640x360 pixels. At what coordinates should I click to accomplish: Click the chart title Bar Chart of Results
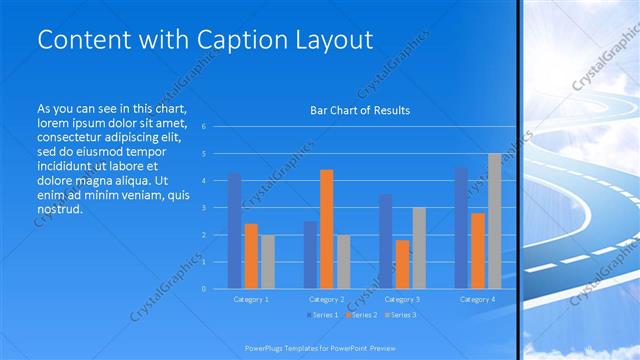tap(360, 110)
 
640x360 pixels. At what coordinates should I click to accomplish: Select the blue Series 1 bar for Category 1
tap(234, 231)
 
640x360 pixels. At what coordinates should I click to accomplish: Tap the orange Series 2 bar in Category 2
tap(326, 229)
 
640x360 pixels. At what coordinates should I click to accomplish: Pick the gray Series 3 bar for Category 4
tap(494, 221)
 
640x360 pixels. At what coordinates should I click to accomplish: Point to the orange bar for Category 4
tap(478, 250)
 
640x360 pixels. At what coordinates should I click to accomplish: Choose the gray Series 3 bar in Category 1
tap(267, 261)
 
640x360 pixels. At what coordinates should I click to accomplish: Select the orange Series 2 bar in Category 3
tap(402, 264)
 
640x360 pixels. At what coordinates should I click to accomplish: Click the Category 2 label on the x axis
tap(326, 299)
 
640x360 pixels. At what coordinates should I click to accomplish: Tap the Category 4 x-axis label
tap(478, 299)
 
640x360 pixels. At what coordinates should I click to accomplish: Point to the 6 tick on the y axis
tap(203, 127)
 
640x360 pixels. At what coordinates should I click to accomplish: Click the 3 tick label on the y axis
tap(203, 208)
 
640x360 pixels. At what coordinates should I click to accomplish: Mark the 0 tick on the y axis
tap(203, 289)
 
